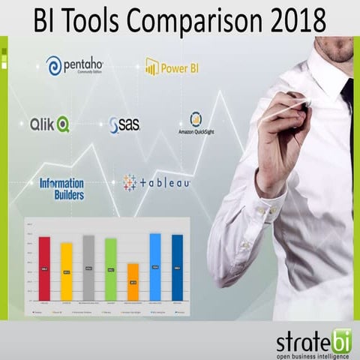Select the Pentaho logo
point(74,66)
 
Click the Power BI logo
point(173,68)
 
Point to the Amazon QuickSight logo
point(196,124)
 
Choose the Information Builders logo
point(62,187)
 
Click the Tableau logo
point(157,182)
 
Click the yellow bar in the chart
point(67,271)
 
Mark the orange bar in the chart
point(133,281)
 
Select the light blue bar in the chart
point(155,267)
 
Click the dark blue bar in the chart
point(178,268)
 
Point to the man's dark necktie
point(348,112)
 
